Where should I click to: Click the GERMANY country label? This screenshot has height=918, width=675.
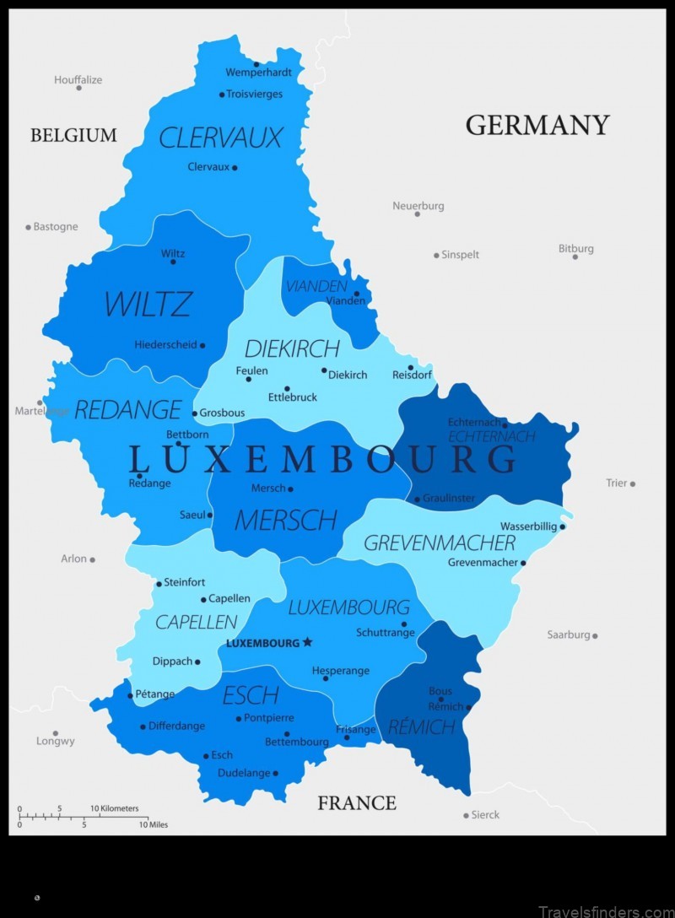(x=537, y=125)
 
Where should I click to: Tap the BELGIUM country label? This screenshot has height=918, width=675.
(x=73, y=135)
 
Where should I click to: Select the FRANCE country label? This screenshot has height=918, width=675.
(x=357, y=802)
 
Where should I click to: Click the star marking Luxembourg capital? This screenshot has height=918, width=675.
(x=307, y=642)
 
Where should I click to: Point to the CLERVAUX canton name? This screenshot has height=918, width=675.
(x=220, y=138)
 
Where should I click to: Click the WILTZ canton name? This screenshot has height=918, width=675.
(x=148, y=305)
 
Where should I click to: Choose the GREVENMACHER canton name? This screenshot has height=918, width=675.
(x=439, y=542)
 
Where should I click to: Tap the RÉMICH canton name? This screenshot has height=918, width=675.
(x=422, y=726)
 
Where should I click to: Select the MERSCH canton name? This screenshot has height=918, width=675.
(x=285, y=520)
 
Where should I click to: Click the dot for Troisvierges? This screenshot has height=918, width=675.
(x=222, y=94)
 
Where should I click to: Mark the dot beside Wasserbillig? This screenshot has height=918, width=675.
(x=563, y=526)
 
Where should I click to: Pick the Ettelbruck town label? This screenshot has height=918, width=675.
(x=293, y=397)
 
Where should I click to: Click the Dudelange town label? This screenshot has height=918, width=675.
(x=244, y=773)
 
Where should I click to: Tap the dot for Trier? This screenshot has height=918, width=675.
(x=632, y=483)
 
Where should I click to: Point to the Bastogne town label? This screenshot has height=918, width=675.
(x=56, y=227)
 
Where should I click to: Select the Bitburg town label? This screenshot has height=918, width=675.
(x=575, y=248)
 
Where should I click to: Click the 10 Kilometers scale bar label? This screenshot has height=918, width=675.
(x=114, y=808)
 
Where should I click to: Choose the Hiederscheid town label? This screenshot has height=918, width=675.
(x=165, y=344)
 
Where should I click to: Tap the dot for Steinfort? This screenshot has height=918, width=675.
(x=159, y=583)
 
